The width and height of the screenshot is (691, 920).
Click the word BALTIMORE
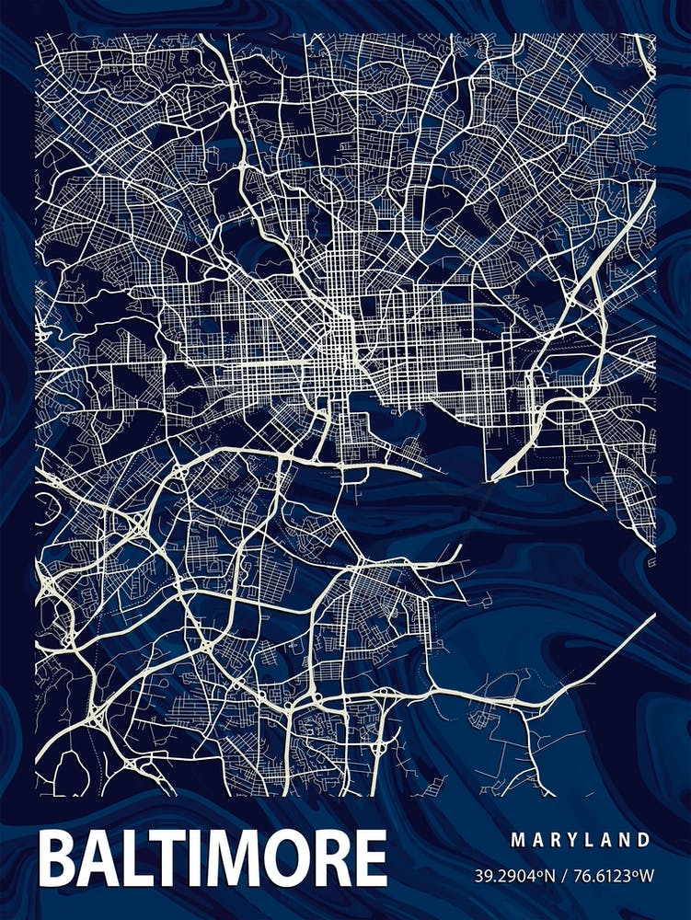213,859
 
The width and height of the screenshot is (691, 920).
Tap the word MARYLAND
581,840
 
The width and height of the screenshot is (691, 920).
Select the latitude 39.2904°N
516,875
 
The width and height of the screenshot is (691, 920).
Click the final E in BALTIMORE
369,859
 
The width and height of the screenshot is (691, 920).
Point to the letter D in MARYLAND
644,840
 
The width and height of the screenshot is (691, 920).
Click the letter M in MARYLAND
517,840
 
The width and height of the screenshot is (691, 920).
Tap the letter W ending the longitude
648,875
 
